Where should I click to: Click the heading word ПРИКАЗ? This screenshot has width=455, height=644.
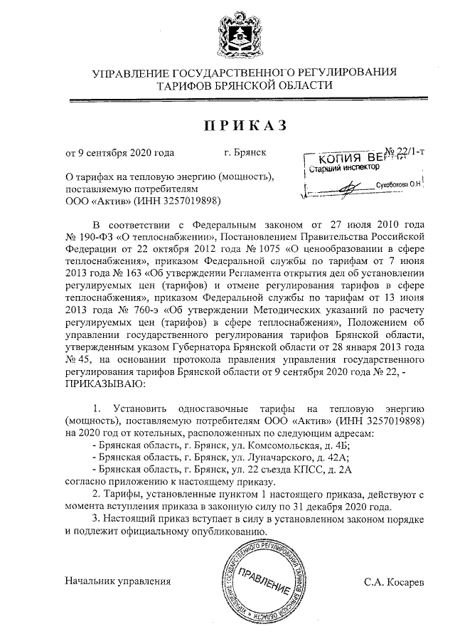(x=245, y=126)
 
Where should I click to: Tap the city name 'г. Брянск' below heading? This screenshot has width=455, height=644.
(x=245, y=152)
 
